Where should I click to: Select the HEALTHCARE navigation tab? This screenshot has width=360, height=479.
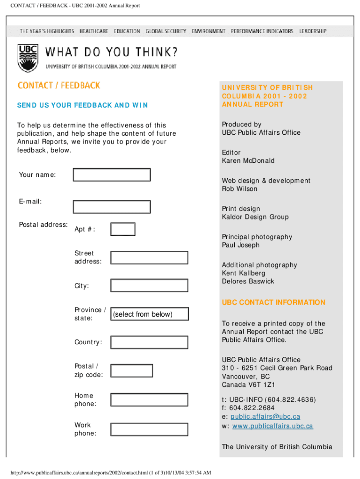click(94, 31)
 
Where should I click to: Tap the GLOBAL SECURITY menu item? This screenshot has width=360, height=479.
click(166, 31)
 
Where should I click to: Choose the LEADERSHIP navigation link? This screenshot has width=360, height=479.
click(313, 31)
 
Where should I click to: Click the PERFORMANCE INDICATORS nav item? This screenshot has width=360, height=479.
click(262, 31)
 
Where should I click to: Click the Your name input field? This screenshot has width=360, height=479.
click(112, 175)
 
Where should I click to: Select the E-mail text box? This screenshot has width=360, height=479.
click(112, 207)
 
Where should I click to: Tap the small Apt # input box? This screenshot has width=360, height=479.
click(122, 229)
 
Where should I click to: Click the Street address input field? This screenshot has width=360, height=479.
click(149, 258)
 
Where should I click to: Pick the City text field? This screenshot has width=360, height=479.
click(149, 285)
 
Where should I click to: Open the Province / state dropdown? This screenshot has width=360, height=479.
click(149, 314)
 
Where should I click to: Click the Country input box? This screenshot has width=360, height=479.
click(149, 342)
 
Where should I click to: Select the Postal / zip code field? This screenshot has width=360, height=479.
click(131, 370)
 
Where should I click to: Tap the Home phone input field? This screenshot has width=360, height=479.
click(149, 399)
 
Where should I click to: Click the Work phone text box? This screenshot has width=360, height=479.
click(149, 429)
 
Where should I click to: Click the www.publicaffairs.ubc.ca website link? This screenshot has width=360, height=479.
click(273, 426)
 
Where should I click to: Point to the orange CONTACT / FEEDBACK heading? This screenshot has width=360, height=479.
click(59, 85)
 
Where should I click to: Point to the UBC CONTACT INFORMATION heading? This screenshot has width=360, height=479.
click(274, 302)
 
